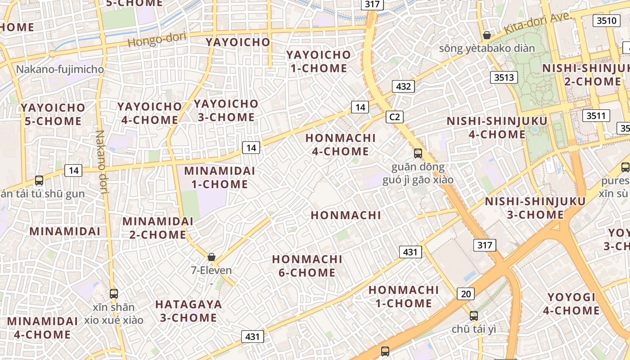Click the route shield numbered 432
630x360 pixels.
click(x=403, y=86)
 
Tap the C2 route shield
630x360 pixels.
click(x=394, y=117)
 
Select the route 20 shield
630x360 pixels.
click(x=466, y=294)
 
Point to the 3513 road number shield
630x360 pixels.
click(x=504, y=77)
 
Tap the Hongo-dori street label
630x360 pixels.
click(x=157, y=40)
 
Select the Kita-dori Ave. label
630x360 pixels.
click(x=538, y=23)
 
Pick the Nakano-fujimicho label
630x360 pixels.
click(x=60, y=69)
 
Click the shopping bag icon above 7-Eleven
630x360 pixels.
click(x=211, y=257)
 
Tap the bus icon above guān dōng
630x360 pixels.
click(x=418, y=153)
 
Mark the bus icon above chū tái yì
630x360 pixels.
click(x=473, y=315)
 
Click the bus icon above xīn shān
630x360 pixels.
click(x=114, y=294)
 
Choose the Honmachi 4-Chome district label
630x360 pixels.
click(x=340, y=144)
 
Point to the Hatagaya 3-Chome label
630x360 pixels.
click(x=189, y=311)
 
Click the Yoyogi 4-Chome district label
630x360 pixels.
click(x=571, y=304)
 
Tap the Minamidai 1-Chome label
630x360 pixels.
click(x=220, y=177)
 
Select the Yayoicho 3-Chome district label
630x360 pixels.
click(x=226, y=110)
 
